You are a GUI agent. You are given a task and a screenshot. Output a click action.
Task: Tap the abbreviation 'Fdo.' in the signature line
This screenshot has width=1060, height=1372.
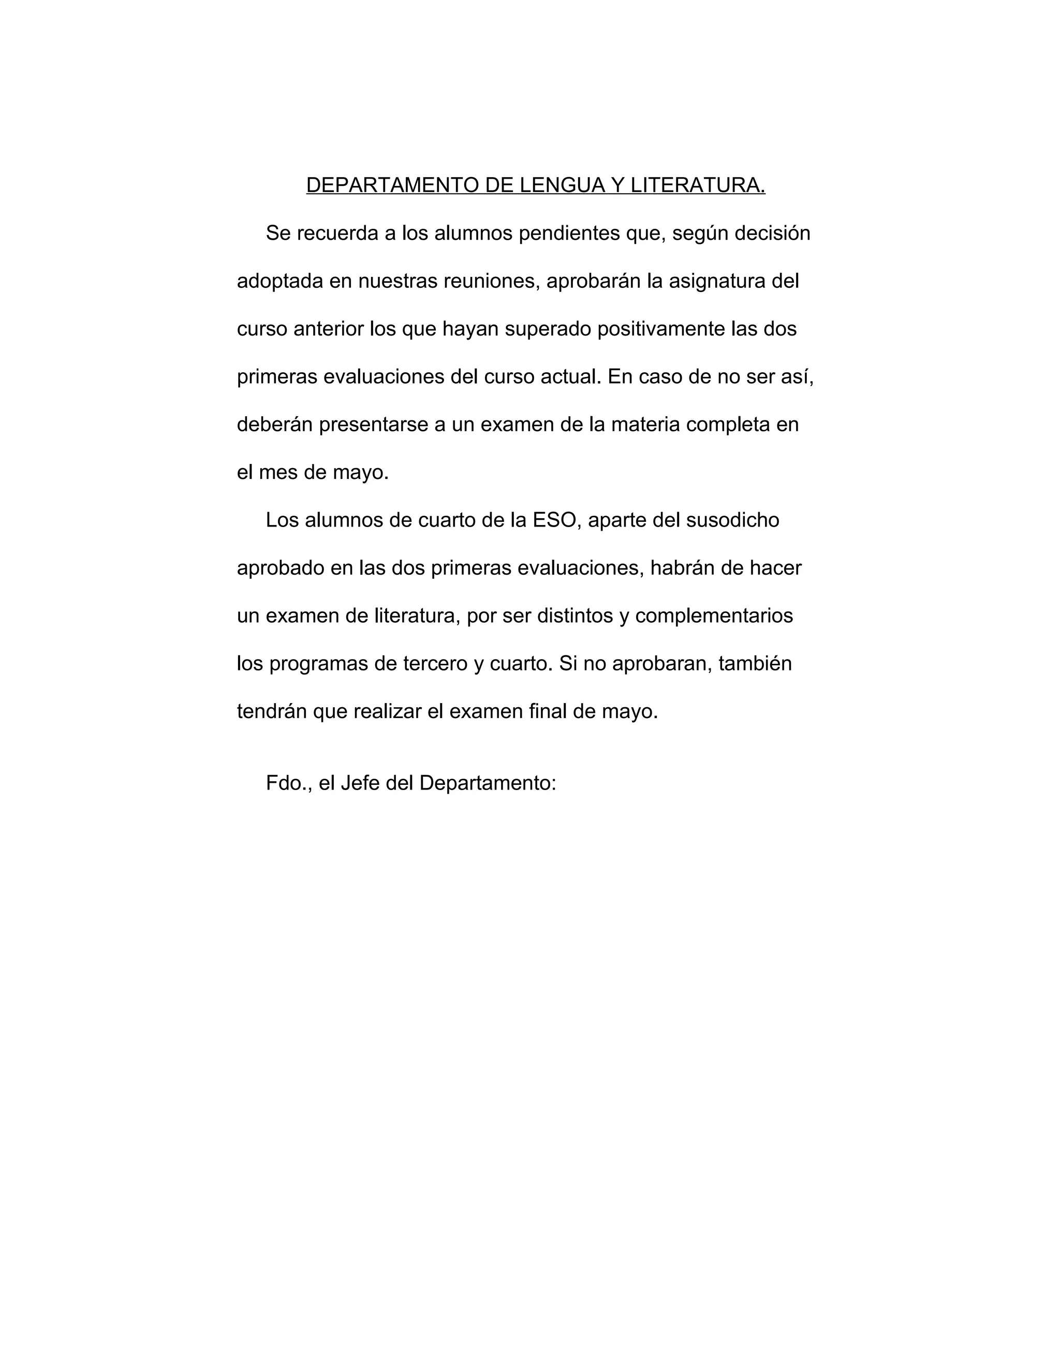tap(286, 783)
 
